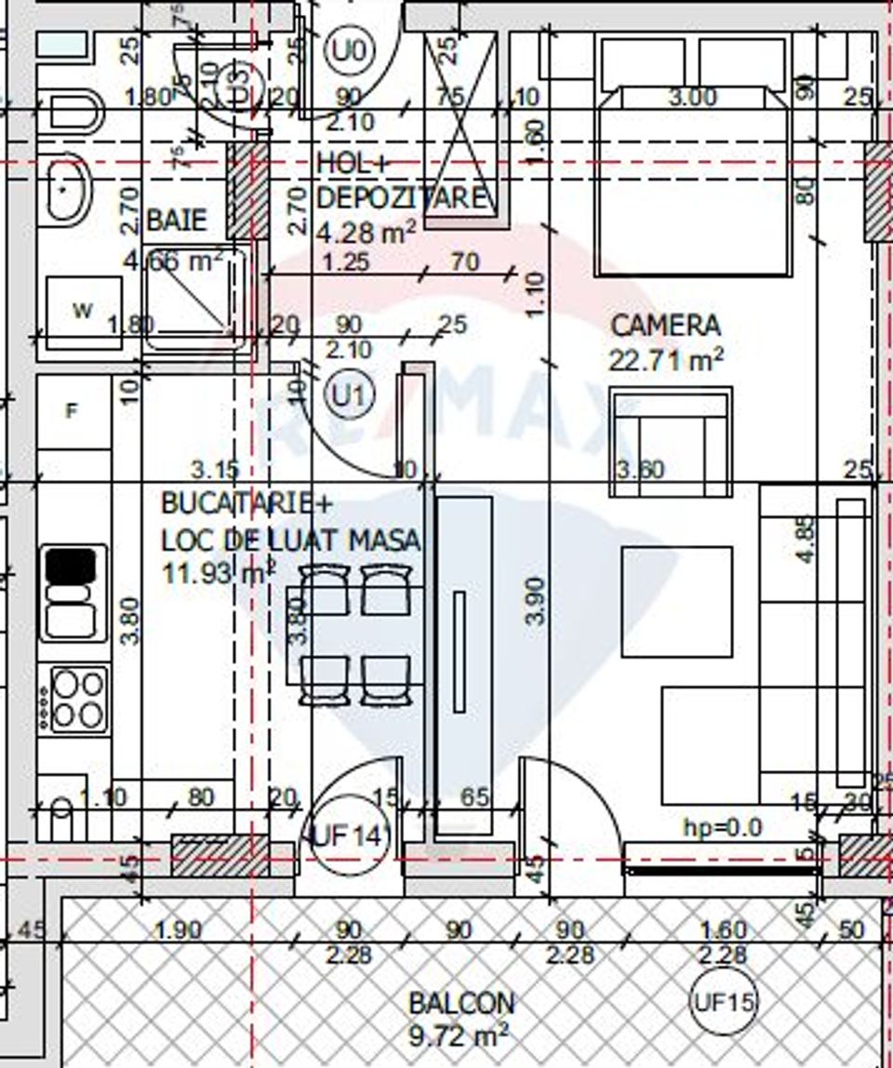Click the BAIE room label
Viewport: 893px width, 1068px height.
point(177,220)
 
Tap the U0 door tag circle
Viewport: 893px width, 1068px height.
point(349,49)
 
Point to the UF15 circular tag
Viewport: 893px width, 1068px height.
point(723,1003)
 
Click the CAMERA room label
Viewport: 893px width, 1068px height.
point(665,326)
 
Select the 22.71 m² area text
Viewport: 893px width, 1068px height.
point(665,359)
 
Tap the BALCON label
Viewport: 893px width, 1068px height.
point(461,1003)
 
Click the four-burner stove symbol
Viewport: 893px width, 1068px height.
point(77,700)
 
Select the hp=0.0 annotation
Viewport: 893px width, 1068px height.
point(723,826)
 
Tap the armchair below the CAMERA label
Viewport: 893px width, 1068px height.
point(671,442)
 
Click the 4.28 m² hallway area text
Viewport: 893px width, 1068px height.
point(367,230)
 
